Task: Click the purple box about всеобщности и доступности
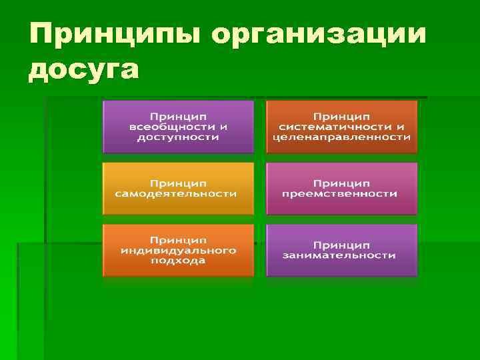[x=178, y=127]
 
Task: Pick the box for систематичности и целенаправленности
[x=341, y=127]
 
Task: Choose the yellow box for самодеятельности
[x=178, y=188]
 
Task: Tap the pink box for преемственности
[x=341, y=188]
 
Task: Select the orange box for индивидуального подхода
[x=178, y=250]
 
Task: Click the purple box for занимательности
[x=341, y=250]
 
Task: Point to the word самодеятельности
[x=177, y=193]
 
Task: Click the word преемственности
[x=340, y=193]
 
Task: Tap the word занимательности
[x=339, y=255]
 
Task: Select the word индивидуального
[x=178, y=250]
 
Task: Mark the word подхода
[x=177, y=261]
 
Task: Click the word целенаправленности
[x=341, y=137]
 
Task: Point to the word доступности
[x=178, y=137]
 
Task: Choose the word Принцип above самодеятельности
[x=177, y=182]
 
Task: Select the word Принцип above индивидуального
[x=177, y=239]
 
